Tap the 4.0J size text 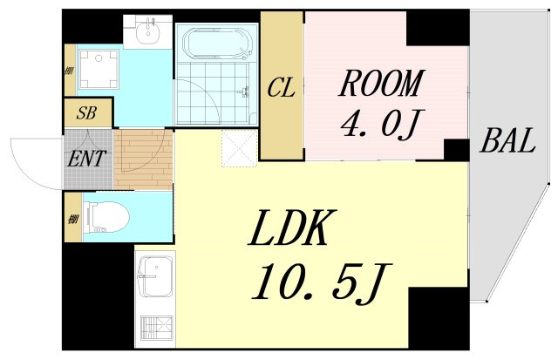coord(379,124)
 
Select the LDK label coord(293,228)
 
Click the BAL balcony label coord(507,140)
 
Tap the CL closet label coord(281,88)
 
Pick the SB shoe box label coord(86,113)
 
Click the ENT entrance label coord(87,159)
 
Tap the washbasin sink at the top coord(147,31)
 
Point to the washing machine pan coord(99,69)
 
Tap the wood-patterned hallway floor coord(143,159)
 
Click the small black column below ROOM coord(456,150)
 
